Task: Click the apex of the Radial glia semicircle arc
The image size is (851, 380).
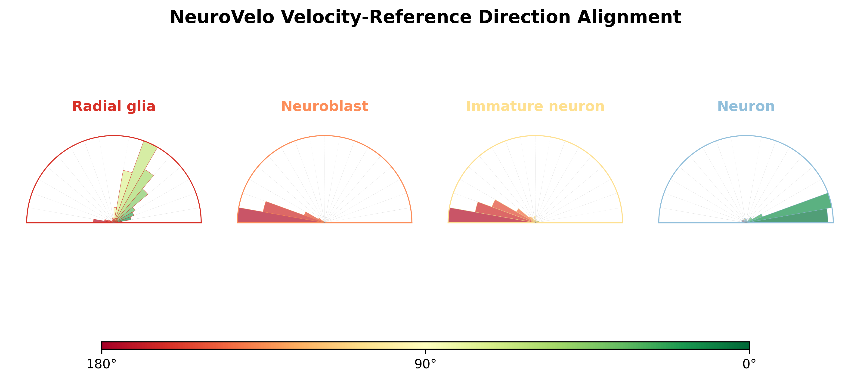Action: pos(114,136)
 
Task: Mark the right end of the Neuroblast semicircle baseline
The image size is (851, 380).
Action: pos(412,223)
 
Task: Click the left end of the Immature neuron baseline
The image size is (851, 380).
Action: pos(448,223)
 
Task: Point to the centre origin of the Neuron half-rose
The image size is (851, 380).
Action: pos(746,223)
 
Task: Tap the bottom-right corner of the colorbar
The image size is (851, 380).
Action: pos(749,349)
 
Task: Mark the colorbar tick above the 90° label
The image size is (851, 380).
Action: pos(426,351)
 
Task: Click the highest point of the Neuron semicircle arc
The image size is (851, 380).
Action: pos(746,136)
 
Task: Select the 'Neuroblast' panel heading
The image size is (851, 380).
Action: pos(324,106)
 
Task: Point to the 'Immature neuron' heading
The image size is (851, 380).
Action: pos(535,106)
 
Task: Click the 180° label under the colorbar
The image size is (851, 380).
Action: pos(101,364)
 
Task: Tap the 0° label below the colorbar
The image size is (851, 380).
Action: pos(749,364)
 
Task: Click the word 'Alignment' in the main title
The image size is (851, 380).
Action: pos(629,18)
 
